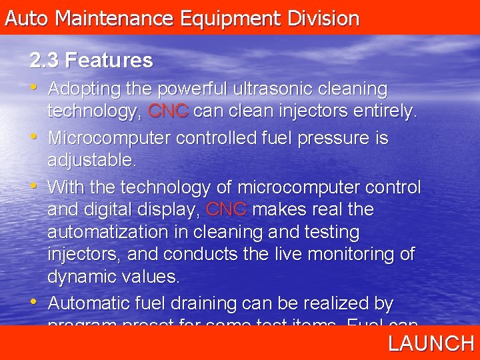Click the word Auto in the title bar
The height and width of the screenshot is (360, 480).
(27, 18)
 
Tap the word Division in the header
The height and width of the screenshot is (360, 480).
(323, 18)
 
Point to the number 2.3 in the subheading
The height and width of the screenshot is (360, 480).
(45, 61)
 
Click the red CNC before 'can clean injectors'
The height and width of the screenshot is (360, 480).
(168, 111)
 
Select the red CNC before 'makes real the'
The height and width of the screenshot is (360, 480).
(227, 210)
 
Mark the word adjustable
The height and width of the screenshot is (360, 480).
(91, 161)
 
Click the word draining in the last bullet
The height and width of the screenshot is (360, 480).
(203, 304)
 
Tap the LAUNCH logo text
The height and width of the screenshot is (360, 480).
(431, 343)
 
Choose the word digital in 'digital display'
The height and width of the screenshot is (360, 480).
(110, 210)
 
